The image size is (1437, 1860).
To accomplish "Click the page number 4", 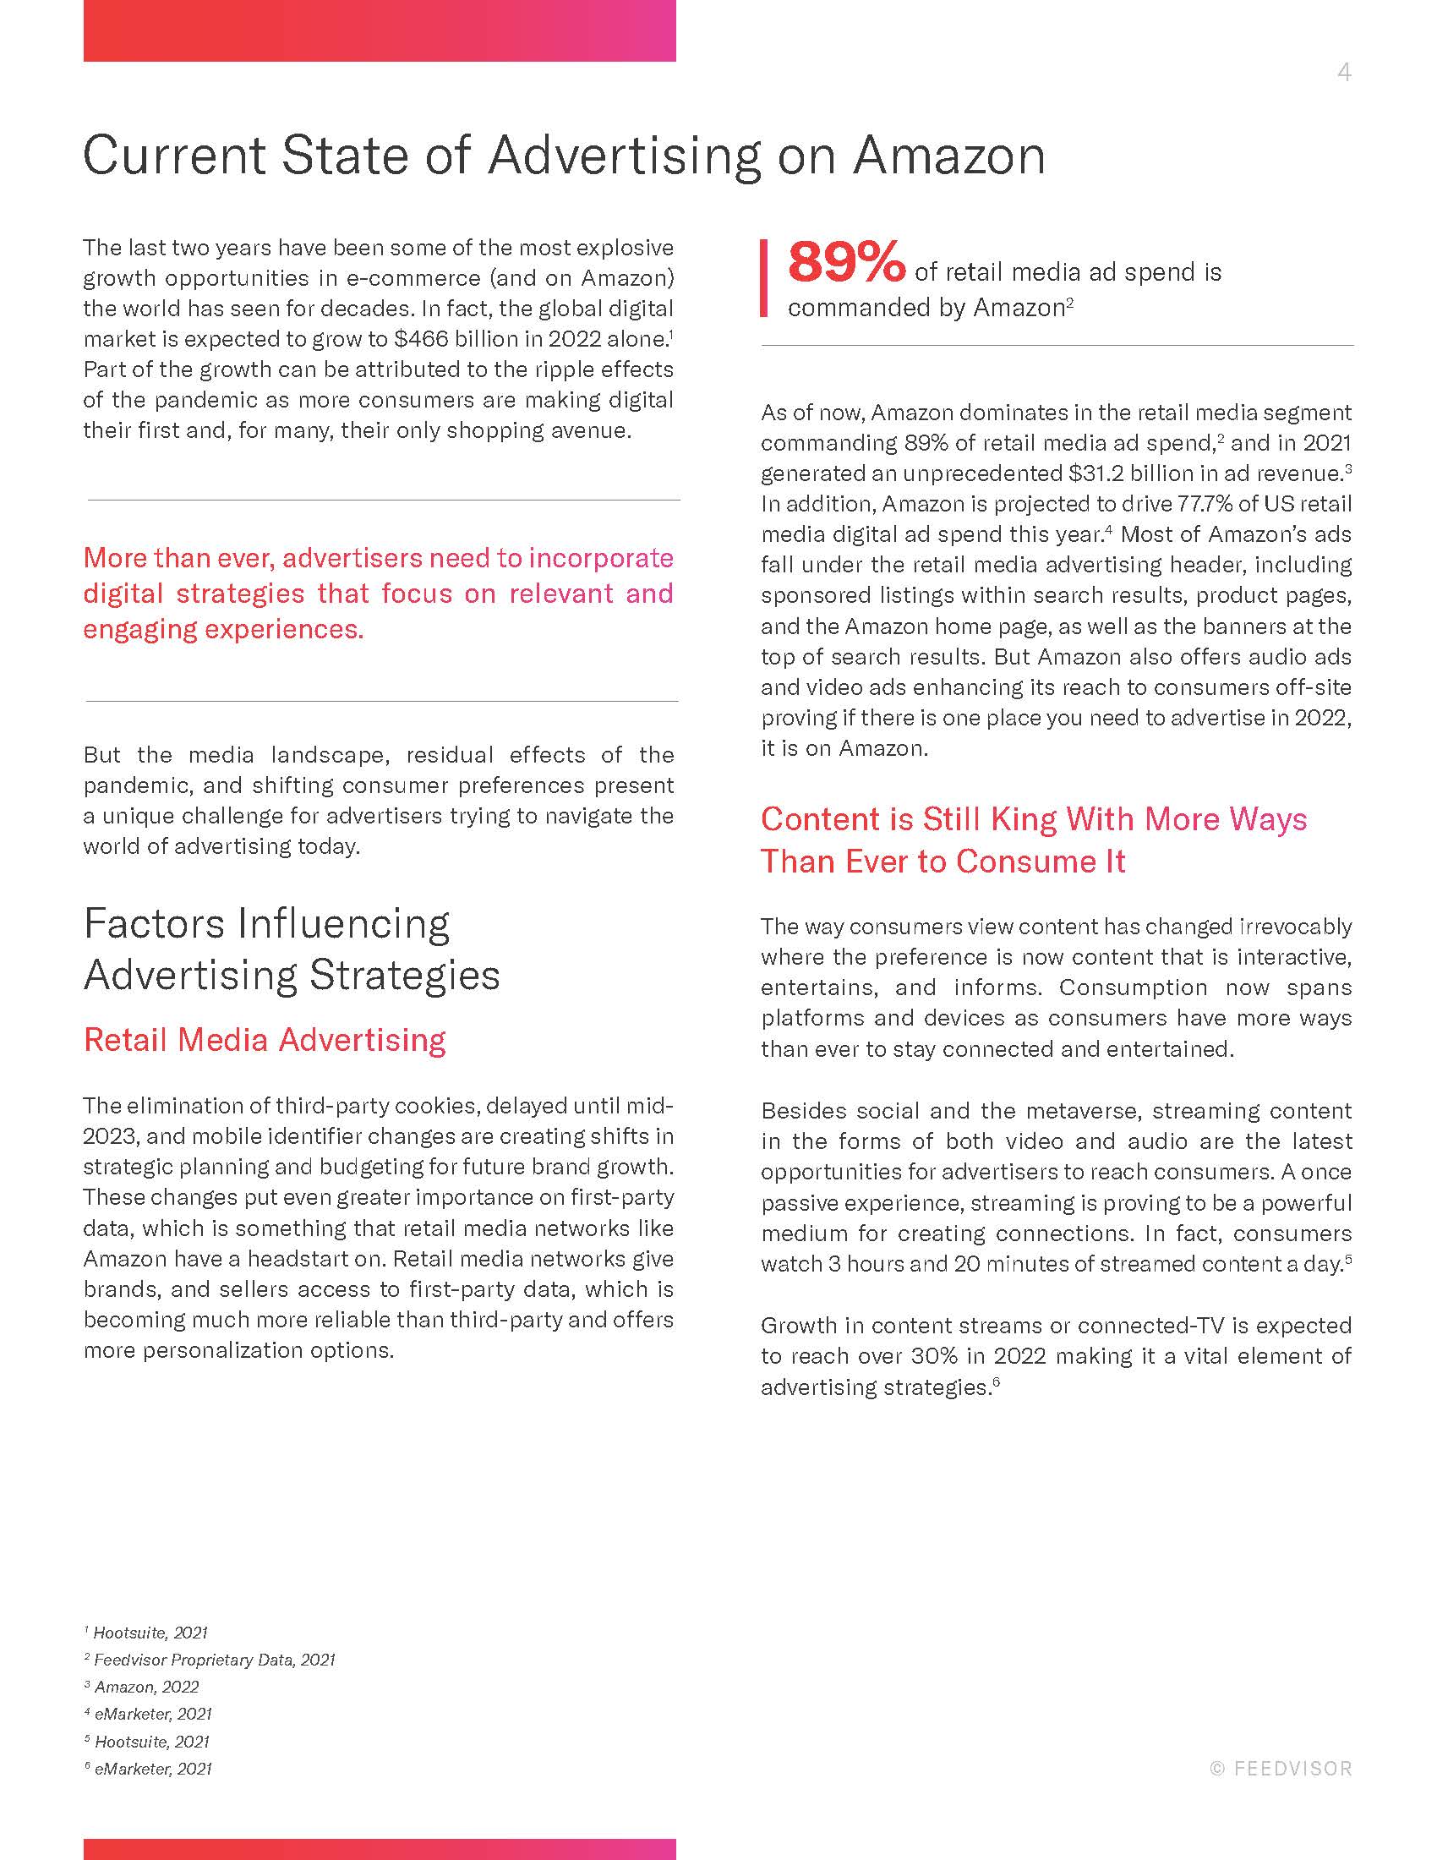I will click(1343, 73).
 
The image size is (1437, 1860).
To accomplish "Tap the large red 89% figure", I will click(846, 262).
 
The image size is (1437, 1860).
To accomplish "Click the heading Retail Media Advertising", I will click(264, 1040).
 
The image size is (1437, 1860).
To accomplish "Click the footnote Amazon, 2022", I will click(146, 1688).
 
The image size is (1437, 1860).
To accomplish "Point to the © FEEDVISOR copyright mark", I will click(1281, 1769).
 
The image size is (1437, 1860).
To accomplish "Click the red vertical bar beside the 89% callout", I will click(763, 277).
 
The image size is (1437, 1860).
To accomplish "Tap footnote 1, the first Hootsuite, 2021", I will click(150, 1633).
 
